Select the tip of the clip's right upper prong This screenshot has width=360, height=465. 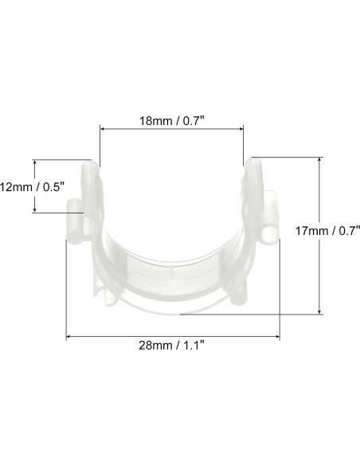(255, 163)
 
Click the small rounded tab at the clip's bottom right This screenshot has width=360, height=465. (240, 299)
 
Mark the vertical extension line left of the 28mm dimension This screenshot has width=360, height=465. (66, 287)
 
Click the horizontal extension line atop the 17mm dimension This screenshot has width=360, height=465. (287, 156)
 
